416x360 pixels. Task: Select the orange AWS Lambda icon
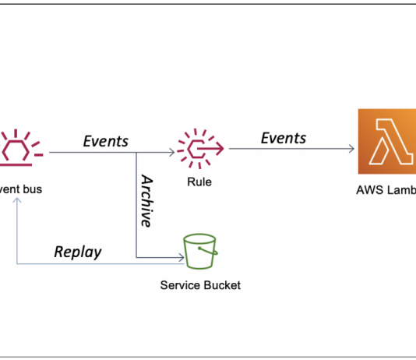click(x=386, y=142)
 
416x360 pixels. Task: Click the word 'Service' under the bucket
click(x=178, y=285)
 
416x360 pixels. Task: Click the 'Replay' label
click(x=78, y=251)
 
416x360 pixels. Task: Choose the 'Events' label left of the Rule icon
click(x=106, y=141)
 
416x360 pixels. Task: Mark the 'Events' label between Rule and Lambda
click(x=284, y=138)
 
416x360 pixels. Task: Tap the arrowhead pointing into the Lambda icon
click(x=351, y=148)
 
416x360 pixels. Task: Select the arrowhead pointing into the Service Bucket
click(x=178, y=257)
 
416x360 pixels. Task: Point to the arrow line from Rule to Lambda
click(x=288, y=148)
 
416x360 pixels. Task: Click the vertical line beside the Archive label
click(x=136, y=206)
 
